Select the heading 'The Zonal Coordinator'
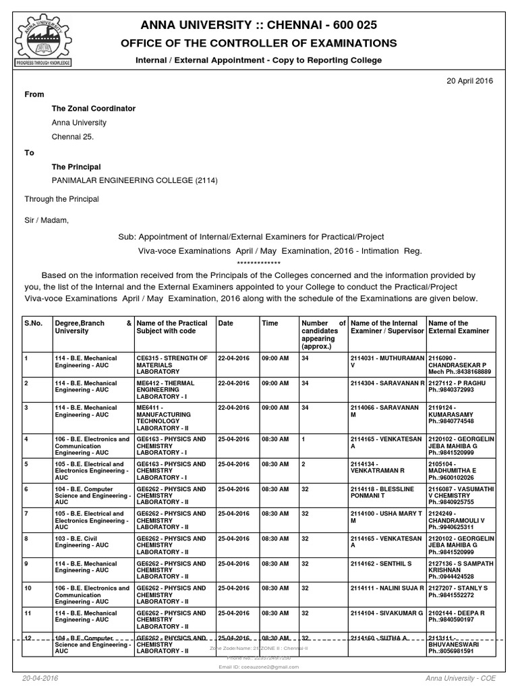94,109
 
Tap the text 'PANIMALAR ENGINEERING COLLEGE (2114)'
135,180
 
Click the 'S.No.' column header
34,323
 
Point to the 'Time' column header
270,323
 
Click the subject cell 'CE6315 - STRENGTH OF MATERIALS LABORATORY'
173,365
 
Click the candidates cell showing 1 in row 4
305,439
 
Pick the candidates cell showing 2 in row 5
305,464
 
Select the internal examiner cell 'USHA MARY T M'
387,518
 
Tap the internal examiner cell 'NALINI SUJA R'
387,588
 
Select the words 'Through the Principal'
61,199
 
